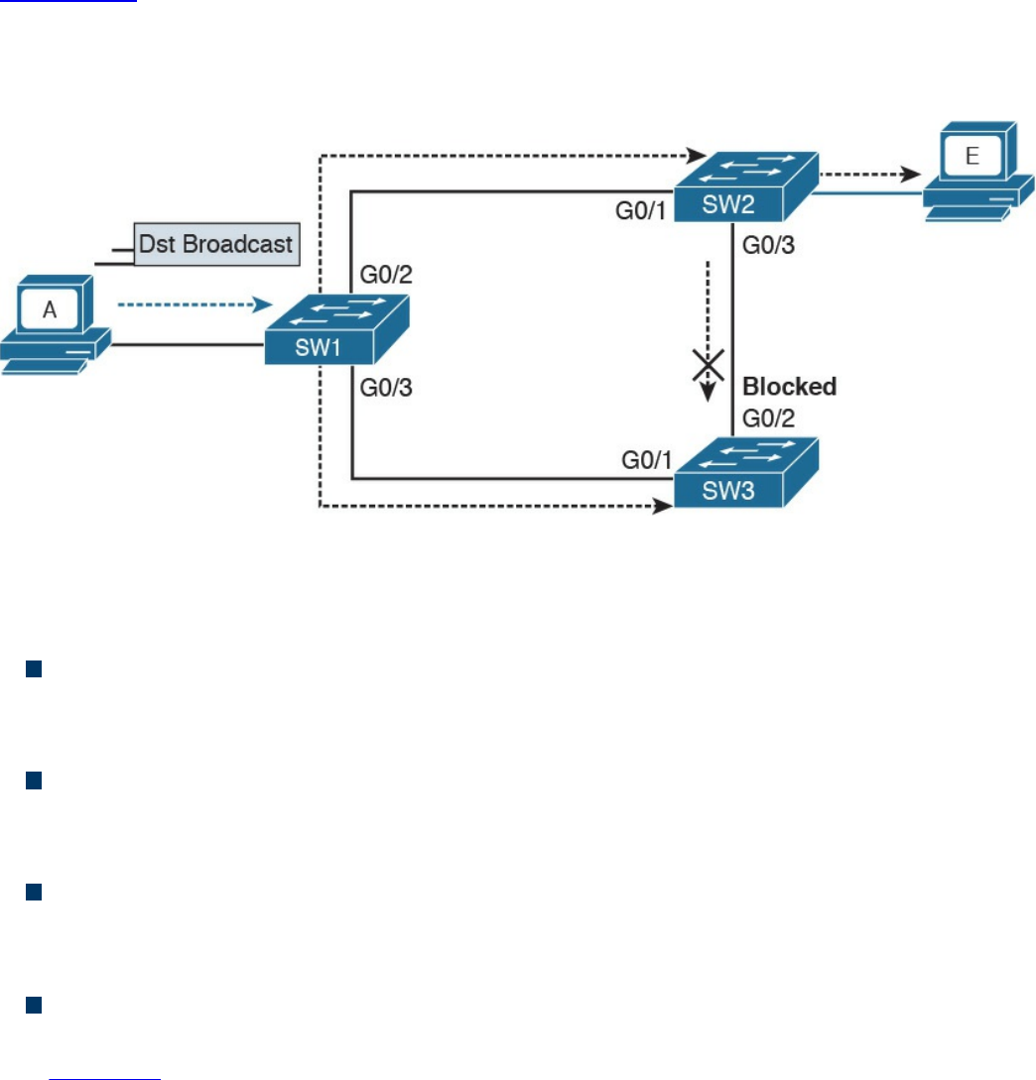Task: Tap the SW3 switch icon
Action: pos(747,473)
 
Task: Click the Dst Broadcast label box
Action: pos(215,244)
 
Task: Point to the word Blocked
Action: pos(791,386)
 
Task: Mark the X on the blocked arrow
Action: pos(707,366)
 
